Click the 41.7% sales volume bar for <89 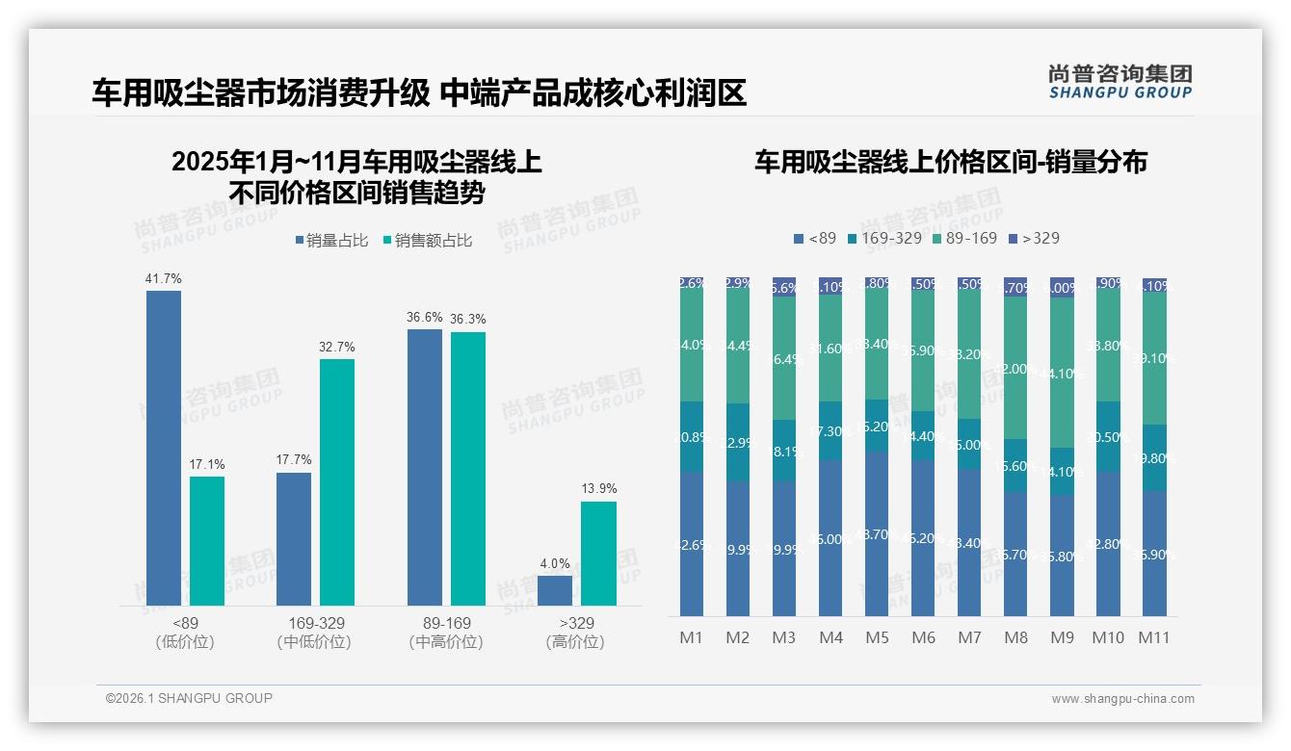click(164, 448)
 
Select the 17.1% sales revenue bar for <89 click(207, 540)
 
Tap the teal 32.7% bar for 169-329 click(337, 481)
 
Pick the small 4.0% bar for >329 click(555, 590)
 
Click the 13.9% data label click(598, 488)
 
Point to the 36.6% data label click(425, 317)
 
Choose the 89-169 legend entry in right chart click(964, 238)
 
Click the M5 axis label click(877, 637)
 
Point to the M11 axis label click(1153, 637)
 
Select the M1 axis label click(691, 637)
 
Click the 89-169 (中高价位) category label click(446, 633)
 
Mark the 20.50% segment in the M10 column click(1108, 436)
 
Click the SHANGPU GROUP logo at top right click(1120, 82)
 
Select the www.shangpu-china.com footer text click(1122, 699)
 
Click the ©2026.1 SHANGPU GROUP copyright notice click(189, 698)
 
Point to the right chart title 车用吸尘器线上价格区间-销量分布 click(950, 162)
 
